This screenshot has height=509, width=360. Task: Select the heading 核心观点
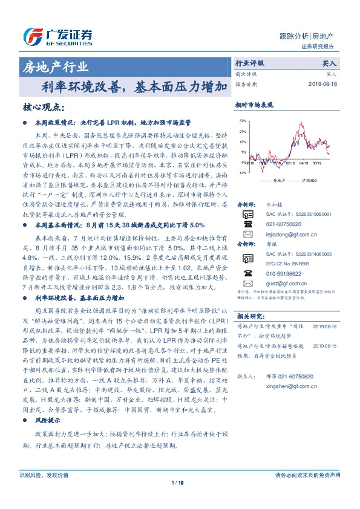[x=43, y=107]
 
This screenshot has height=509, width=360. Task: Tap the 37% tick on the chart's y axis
[x=242, y=121]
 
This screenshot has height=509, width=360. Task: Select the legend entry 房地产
[x=272, y=180]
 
